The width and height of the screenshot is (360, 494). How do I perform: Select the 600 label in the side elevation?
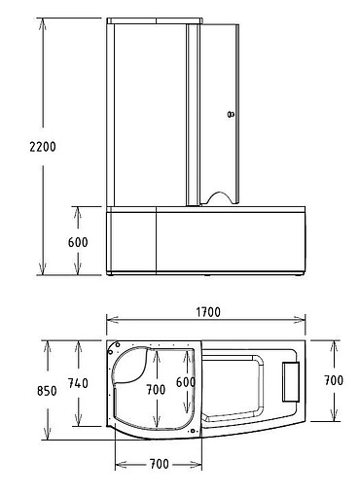[x=79, y=242]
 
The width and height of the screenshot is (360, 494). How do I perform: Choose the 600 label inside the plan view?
[x=185, y=382]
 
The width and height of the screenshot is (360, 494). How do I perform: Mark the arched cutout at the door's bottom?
[x=223, y=197]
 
